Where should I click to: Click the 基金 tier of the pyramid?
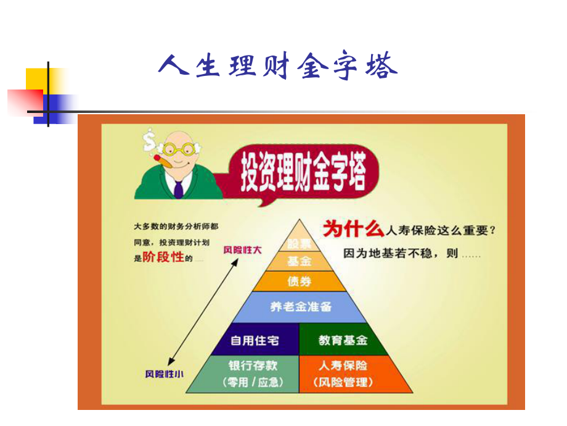300,261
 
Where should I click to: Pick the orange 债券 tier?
300,282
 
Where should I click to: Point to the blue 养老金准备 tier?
300,307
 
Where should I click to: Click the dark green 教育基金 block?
342,340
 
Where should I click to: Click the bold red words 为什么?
353,230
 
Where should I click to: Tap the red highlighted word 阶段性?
164,257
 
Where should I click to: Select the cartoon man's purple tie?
179,186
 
